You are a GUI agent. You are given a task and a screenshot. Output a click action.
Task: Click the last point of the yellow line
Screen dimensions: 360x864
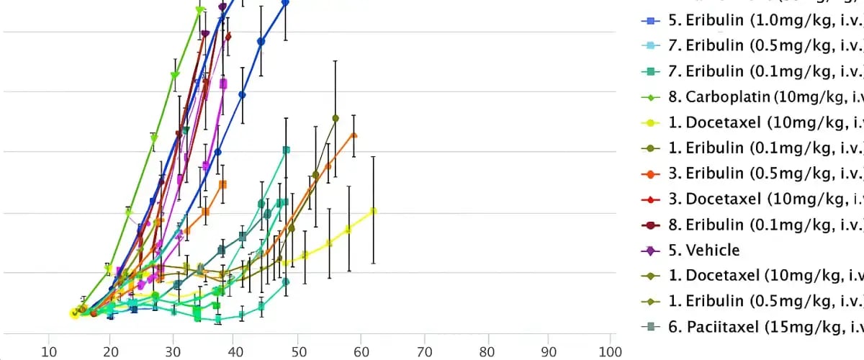[x=373, y=211]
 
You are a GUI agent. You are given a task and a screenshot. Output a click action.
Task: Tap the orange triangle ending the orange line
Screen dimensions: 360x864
[x=354, y=135]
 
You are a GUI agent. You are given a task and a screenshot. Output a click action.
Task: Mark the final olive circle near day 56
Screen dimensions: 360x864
[x=336, y=118]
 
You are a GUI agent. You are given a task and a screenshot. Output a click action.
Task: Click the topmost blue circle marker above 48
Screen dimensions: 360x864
[x=285, y=3]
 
